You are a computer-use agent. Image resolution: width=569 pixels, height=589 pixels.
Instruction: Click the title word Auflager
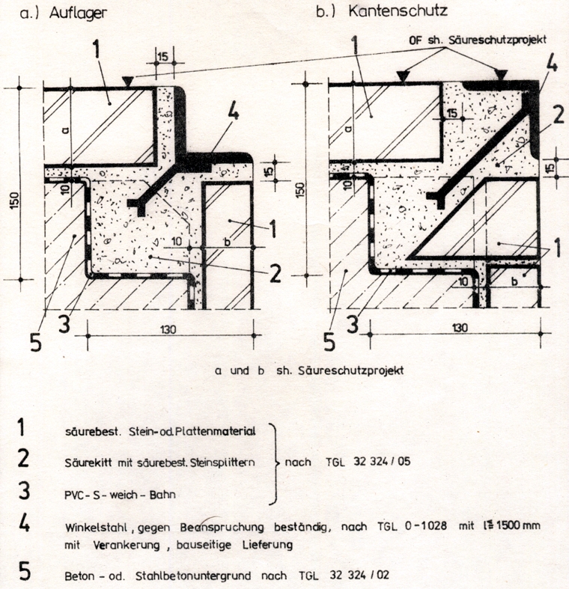(x=78, y=13)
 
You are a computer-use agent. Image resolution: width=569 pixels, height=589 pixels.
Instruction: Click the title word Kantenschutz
(x=398, y=10)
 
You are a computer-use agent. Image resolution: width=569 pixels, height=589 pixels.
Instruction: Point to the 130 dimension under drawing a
(x=168, y=329)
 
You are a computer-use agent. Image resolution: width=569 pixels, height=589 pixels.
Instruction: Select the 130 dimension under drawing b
(x=459, y=328)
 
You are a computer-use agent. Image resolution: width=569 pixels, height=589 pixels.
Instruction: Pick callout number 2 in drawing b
(x=558, y=115)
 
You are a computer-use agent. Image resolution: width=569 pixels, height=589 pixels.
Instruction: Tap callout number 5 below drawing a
(x=35, y=342)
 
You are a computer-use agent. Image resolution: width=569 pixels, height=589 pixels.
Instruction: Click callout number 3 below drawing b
(x=353, y=323)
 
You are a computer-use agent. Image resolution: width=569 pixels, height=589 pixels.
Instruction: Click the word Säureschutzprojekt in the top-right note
(x=498, y=40)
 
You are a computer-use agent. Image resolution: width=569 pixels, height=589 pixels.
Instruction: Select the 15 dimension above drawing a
(x=163, y=57)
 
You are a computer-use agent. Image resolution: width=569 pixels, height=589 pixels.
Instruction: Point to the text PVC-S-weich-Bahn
(x=120, y=495)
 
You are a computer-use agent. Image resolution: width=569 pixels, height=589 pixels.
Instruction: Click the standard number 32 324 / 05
(x=382, y=461)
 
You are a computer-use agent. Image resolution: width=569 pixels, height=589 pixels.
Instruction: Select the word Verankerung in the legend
(x=127, y=545)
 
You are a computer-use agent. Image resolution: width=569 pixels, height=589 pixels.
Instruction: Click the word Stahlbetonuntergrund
(x=193, y=576)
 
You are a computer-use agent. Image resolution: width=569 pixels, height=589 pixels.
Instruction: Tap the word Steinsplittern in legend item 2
(x=222, y=463)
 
